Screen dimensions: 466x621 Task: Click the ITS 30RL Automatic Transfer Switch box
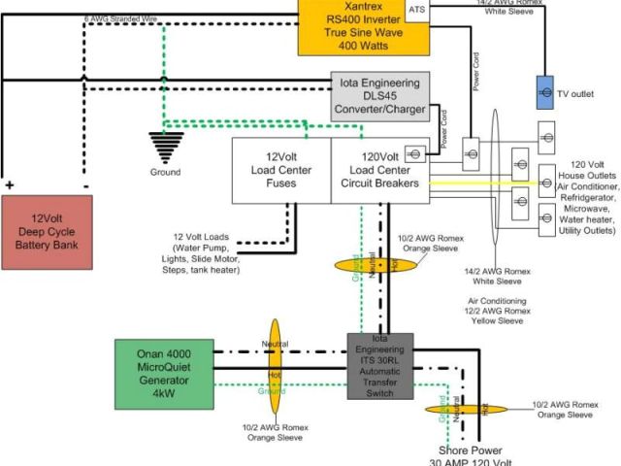380,366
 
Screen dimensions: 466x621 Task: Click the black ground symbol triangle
165,150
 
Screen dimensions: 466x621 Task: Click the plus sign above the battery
11,184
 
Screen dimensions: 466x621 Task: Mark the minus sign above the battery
85,184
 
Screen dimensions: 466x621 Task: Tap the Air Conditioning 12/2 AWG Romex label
497,312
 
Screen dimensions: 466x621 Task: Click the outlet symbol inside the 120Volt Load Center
414,152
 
